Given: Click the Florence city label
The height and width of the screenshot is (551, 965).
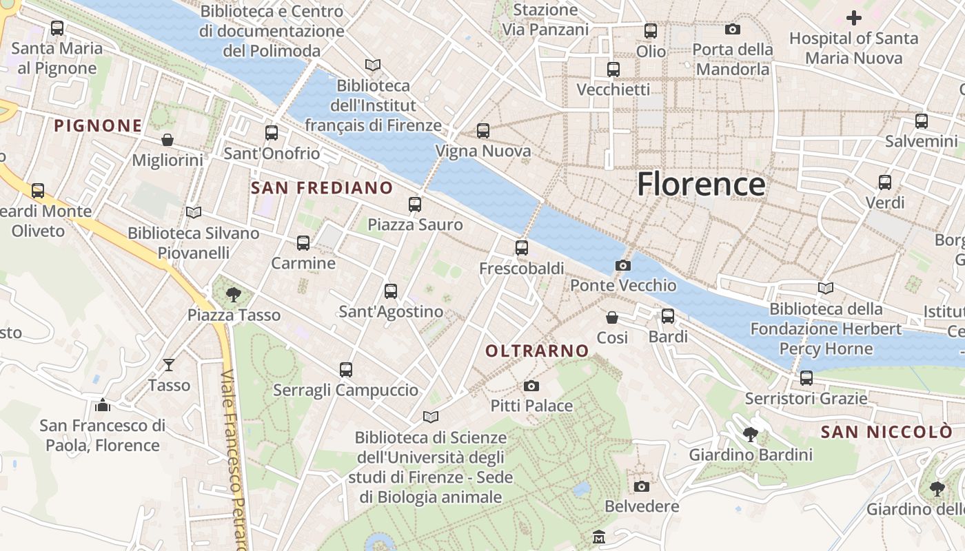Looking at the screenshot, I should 700,185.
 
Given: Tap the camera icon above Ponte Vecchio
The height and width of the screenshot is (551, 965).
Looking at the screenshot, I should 622,266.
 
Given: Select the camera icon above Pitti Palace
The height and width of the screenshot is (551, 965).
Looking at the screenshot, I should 531,386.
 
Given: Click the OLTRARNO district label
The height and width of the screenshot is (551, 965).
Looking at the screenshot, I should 537,351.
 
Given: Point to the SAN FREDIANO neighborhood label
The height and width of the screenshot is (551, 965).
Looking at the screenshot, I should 322,188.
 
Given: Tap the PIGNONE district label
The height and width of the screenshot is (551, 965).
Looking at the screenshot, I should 98,126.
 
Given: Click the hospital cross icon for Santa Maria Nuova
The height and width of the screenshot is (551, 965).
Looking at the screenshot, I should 854,18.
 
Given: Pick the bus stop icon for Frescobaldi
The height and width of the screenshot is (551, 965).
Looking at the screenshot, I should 522,248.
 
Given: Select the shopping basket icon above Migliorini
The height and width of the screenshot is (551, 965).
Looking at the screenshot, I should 167,141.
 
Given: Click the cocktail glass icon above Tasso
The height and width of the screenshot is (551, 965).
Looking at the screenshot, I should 169,364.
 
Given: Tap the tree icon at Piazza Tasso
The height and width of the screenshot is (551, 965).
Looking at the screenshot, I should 234,295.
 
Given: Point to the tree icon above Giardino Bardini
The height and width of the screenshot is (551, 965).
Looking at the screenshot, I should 751,435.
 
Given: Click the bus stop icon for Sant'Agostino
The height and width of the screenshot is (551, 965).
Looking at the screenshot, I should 391,291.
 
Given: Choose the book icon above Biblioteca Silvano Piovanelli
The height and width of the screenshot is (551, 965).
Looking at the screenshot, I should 194,213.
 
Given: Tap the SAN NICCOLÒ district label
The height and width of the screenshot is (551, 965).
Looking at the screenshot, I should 886,433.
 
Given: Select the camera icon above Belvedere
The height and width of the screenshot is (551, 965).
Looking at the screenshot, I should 642,487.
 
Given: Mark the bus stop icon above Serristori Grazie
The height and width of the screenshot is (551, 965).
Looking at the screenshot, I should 806,378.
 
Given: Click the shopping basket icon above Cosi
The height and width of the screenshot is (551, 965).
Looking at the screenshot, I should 611,318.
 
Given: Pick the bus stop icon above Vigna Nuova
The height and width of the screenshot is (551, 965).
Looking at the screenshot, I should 483,131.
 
